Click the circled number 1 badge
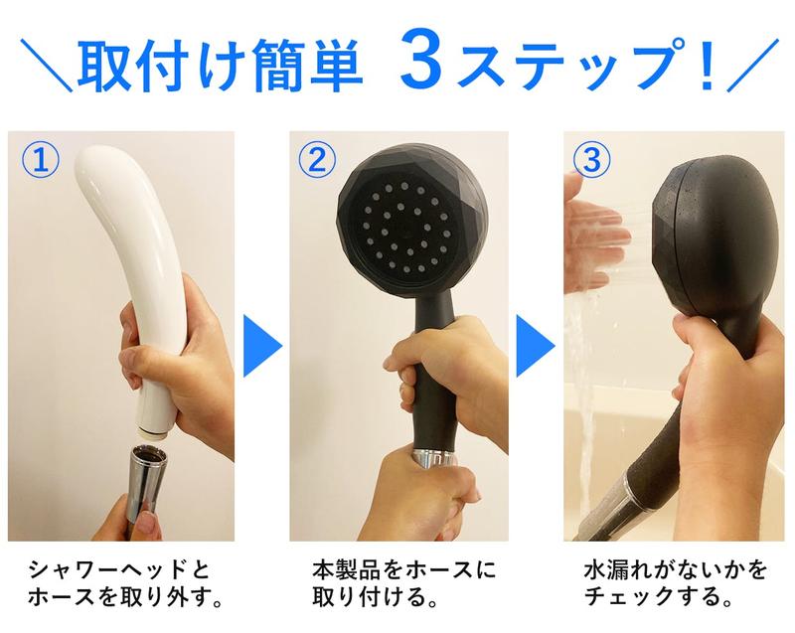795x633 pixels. pos(41,160)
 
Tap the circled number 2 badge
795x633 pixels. pos(317,160)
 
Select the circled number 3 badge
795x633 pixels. pos(591,160)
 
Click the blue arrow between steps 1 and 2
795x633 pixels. pos(262,346)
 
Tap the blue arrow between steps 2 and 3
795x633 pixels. pos(536,346)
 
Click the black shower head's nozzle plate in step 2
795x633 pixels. pos(404,229)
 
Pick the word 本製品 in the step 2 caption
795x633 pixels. pos(346,570)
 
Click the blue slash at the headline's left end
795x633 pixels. pos(47,65)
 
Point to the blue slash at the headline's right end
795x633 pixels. pos(752,65)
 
